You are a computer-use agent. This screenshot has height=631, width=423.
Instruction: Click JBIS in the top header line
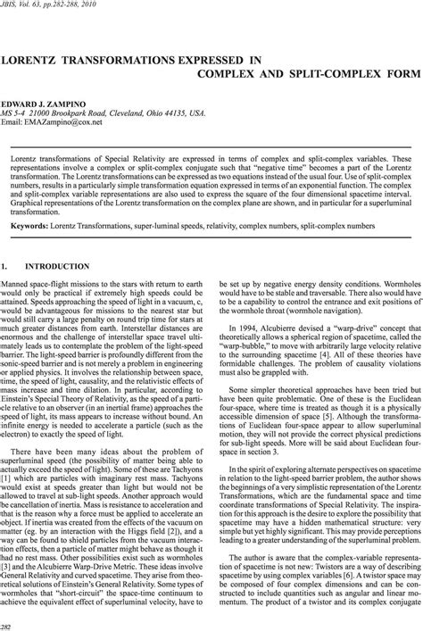11,8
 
